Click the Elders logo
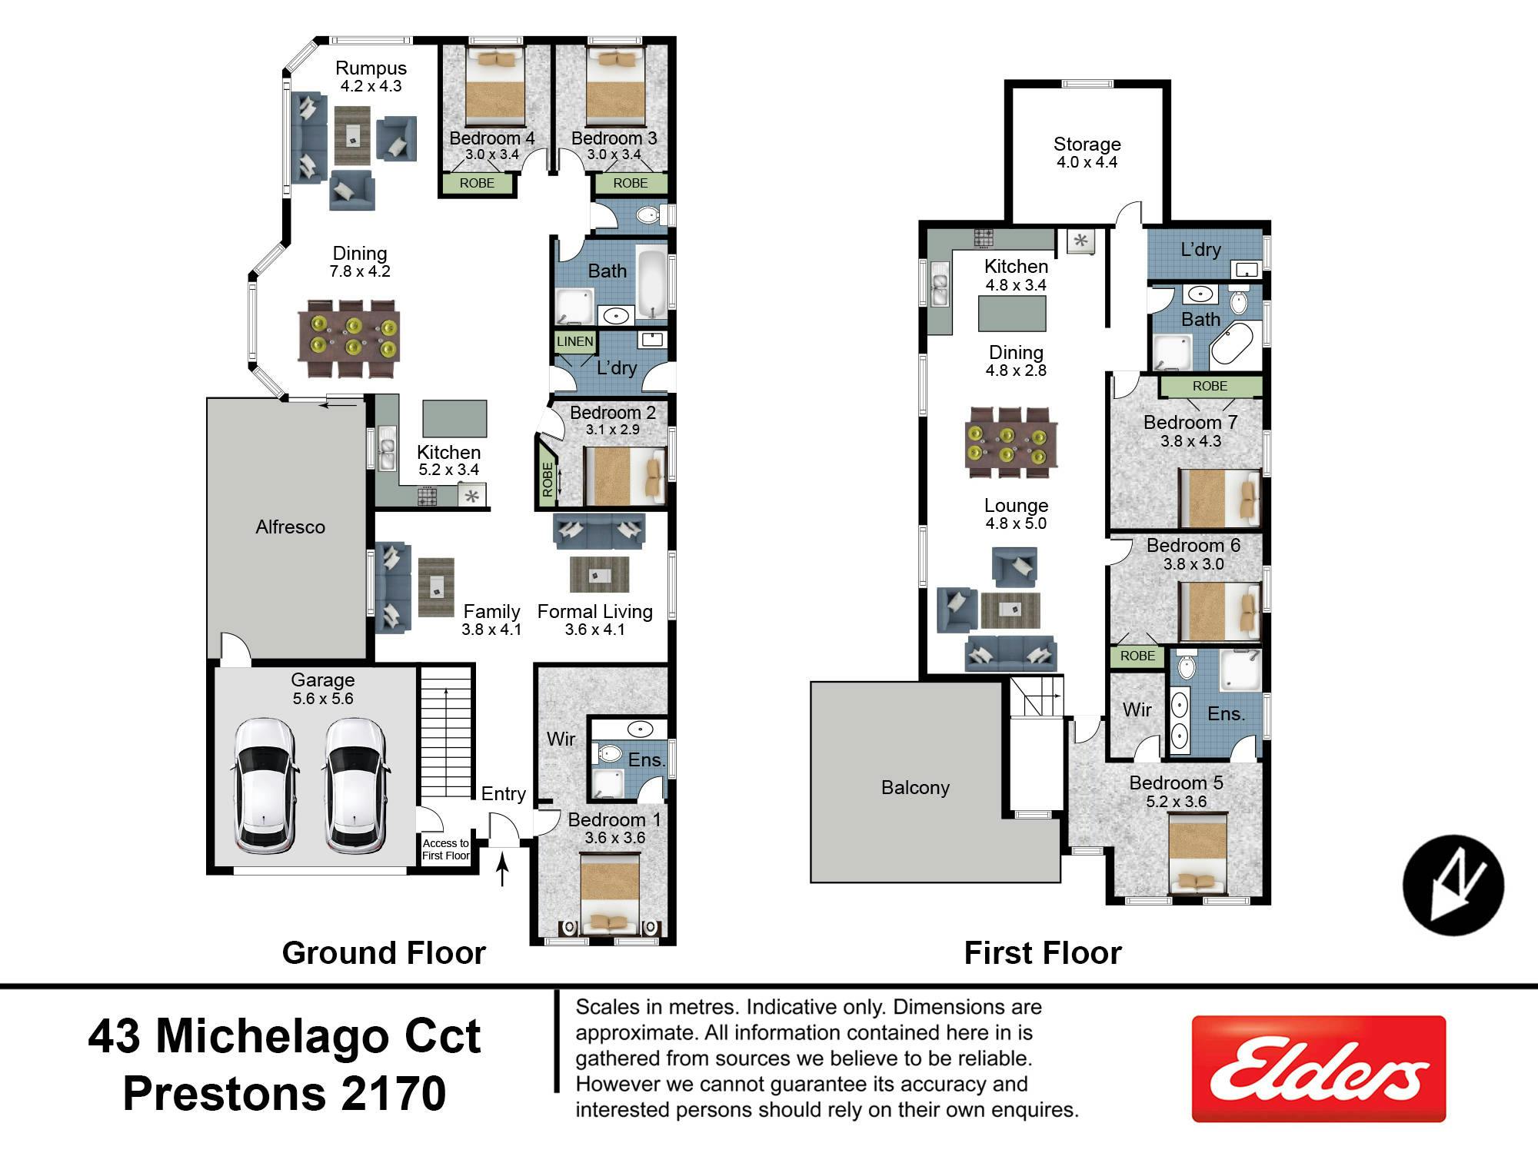pos(1318,1068)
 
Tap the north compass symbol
pos(1453,885)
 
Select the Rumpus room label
pos(371,68)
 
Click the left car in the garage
pos(264,786)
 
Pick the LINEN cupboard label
pos(575,341)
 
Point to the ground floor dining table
pos(353,338)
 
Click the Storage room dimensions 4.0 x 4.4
pos(1087,162)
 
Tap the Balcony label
pos(915,787)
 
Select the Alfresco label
pos(290,527)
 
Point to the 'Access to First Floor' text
pos(445,849)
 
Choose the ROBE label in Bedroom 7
pos(1210,386)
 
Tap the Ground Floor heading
pos(384,953)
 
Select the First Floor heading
pos(1043,953)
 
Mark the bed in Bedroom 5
pos(1197,853)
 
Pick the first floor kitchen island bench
pos(1012,314)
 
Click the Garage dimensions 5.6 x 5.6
pos(323,699)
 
